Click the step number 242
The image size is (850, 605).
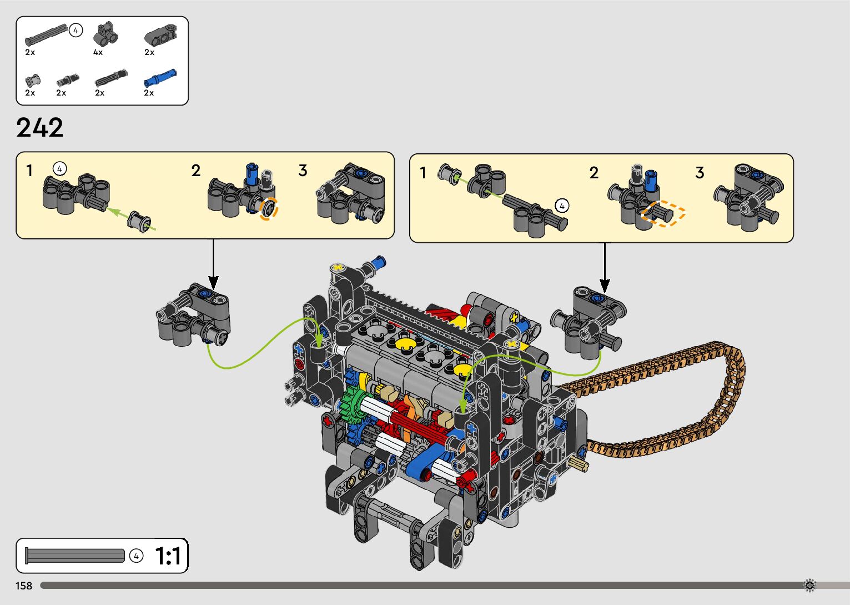(x=40, y=128)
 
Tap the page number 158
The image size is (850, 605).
(x=24, y=586)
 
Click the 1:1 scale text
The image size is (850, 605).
(x=167, y=556)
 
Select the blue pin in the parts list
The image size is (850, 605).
(x=160, y=77)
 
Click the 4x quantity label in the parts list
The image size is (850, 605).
(x=98, y=52)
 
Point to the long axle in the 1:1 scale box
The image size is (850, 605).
(x=75, y=555)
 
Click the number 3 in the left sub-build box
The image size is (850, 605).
(x=303, y=171)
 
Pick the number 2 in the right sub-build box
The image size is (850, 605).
(x=594, y=173)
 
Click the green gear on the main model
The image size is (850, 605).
(x=354, y=407)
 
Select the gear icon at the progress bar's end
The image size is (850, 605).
(x=809, y=585)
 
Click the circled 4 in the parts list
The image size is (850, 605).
(x=76, y=31)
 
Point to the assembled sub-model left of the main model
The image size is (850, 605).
(x=194, y=314)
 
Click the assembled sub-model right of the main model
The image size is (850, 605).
(x=588, y=319)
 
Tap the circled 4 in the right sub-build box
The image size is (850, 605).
(x=562, y=206)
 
